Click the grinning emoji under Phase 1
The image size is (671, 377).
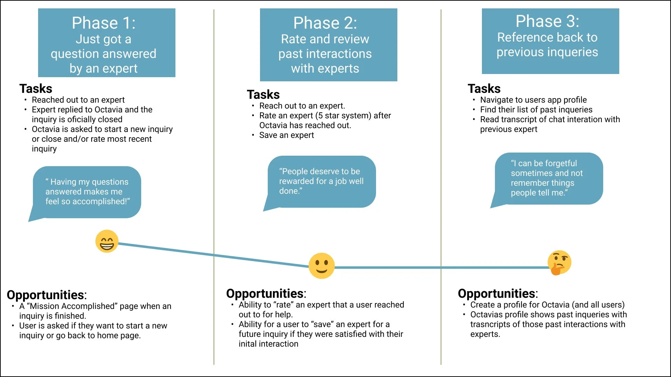coord(107,241)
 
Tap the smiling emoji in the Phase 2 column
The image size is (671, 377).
coord(322,266)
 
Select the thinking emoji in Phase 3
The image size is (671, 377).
coord(559,263)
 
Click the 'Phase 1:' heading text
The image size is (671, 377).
coord(103,23)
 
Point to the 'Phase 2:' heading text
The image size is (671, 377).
coord(325,23)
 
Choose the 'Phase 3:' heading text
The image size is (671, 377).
coord(547,21)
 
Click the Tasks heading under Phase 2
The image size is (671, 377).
coord(263,95)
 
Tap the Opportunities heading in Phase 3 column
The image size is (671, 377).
coord(497,294)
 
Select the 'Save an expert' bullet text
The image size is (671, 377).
coord(287,135)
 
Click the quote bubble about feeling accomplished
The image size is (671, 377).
coord(87,192)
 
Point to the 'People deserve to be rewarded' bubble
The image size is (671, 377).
coord(321,181)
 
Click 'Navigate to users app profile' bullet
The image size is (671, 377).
coord(533,100)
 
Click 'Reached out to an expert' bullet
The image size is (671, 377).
coord(78,100)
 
